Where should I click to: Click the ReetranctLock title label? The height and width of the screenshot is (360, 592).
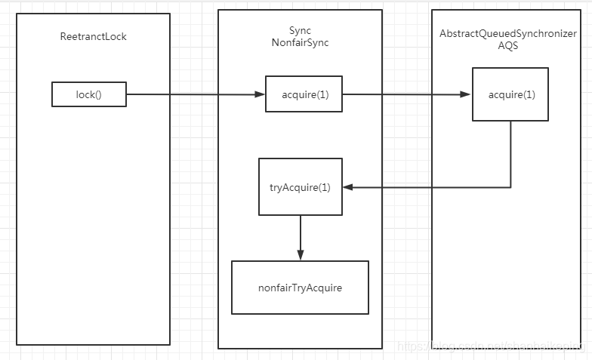(x=93, y=36)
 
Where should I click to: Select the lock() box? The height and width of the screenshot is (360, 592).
(x=89, y=94)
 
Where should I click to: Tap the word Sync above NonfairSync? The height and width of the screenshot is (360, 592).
(x=300, y=30)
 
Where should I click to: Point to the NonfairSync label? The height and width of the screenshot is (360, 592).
(x=300, y=43)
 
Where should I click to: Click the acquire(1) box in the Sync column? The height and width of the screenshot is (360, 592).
(x=304, y=94)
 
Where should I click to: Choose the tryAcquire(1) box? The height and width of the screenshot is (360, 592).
(x=300, y=186)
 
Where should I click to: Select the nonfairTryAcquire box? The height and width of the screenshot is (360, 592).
(x=300, y=288)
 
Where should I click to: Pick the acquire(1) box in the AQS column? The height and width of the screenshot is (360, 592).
(x=510, y=94)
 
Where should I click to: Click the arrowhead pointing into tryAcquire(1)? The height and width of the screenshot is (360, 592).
(x=347, y=187)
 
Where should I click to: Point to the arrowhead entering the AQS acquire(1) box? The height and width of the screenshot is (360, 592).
(x=467, y=94)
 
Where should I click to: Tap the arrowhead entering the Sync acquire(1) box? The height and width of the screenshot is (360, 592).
(x=260, y=94)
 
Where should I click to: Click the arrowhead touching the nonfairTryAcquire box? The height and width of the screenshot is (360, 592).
(x=300, y=256)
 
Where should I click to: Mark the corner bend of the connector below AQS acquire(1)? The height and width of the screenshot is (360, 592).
(x=510, y=187)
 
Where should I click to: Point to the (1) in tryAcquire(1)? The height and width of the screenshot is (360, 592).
(x=323, y=186)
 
